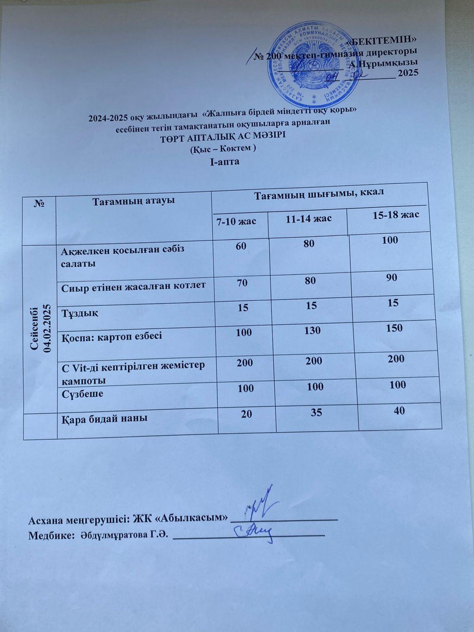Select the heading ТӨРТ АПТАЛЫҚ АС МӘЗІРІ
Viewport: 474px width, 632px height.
pyautogui.click(x=223, y=136)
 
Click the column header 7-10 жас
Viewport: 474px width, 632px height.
pyautogui.click(x=239, y=221)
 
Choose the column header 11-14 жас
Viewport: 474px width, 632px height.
pyautogui.click(x=308, y=218)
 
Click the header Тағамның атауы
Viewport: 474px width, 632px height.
pyautogui.click(x=133, y=201)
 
